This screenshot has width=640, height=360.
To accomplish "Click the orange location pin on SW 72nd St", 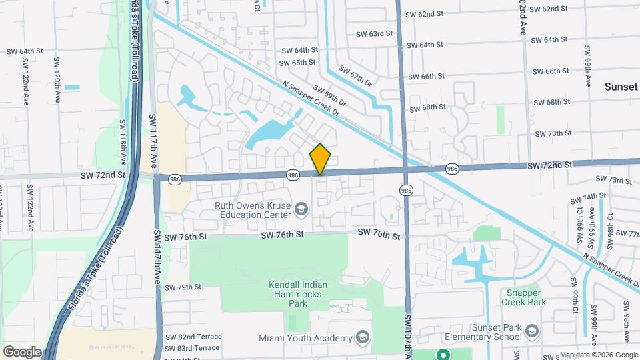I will [x=321, y=159].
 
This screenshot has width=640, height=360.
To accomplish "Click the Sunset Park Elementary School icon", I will [x=531, y=331].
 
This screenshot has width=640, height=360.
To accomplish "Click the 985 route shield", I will [x=405, y=190].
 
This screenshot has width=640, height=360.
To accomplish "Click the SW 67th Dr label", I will [x=354, y=75].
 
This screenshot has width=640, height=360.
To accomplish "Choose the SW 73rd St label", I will [x=613, y=180].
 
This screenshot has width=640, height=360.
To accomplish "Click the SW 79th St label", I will [x=183, y=287].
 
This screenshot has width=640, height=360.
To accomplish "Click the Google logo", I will [x=22, y=351].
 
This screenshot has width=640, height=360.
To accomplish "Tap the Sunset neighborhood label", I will [x=621, y=87].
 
